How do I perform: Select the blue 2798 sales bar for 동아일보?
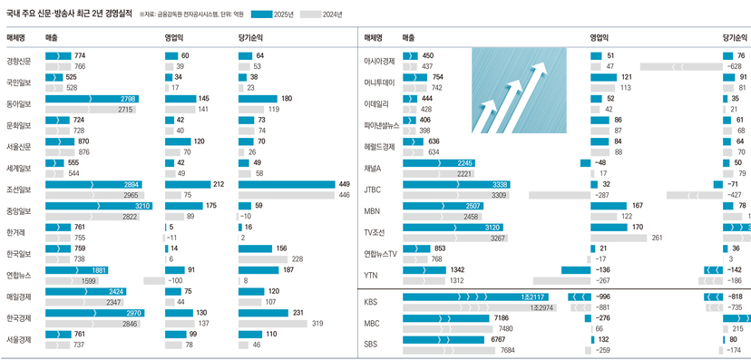pos(91,98)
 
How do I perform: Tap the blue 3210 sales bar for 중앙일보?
pos(91,207)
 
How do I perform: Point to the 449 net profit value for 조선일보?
pos(344,184)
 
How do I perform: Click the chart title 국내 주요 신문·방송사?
pos(69,14)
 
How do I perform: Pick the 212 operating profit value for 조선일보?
pos(218,184)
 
